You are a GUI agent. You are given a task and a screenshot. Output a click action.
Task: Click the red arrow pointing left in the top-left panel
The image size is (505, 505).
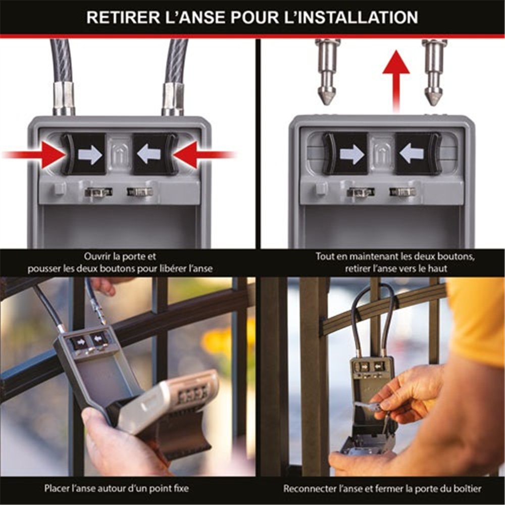(205, 155)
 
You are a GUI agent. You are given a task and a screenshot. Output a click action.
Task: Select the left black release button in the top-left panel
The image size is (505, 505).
(84, 154)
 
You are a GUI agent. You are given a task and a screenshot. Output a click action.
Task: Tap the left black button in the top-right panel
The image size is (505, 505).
(345, 154)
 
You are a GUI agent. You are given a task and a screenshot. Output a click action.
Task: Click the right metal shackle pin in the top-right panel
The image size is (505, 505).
(434, 72)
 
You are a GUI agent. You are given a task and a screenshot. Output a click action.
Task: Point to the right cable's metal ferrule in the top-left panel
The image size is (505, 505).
(173, 98)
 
